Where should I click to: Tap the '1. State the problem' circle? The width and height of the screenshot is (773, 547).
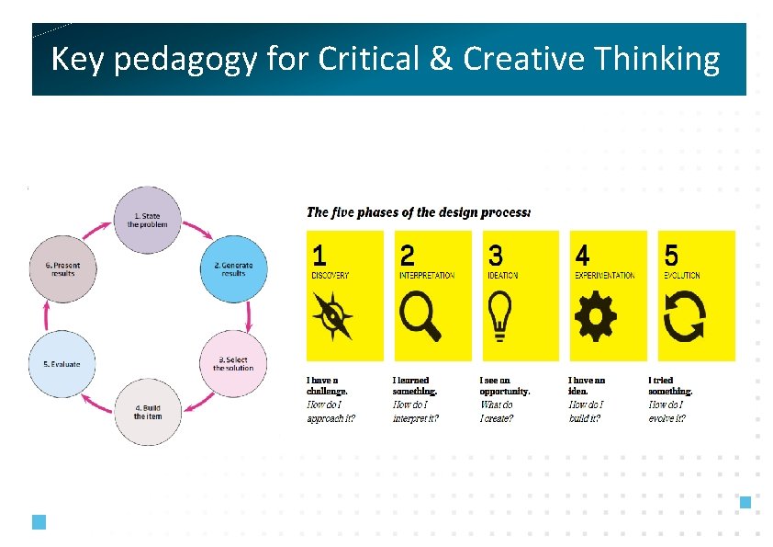tap(148, 221)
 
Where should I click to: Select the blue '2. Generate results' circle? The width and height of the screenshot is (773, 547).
tap(234, 268)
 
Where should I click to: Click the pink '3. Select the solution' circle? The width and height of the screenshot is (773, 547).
tap(234, 363)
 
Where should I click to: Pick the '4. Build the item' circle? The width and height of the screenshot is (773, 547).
tap(147, 412)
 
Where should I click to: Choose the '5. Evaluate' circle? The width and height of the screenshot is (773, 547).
tap(62, 363)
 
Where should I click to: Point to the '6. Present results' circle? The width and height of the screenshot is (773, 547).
tap(62, 268)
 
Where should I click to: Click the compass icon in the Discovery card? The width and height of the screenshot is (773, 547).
tap(332, 316)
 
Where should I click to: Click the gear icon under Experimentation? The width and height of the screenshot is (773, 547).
tap(595, 317)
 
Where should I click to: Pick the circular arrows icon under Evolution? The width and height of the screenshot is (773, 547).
tap(684, 317)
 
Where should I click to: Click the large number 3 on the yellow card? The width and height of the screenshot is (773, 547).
tap(496, 255)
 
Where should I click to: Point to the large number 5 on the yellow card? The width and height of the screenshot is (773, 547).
tap(672, 255)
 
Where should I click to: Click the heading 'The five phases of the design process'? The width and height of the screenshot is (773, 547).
tap(418, 212)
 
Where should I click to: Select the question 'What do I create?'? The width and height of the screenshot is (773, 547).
tap(497, 411)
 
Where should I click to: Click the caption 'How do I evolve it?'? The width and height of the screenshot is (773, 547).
tap(667, 411)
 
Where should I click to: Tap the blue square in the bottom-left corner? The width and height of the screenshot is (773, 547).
tap(39, 522)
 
